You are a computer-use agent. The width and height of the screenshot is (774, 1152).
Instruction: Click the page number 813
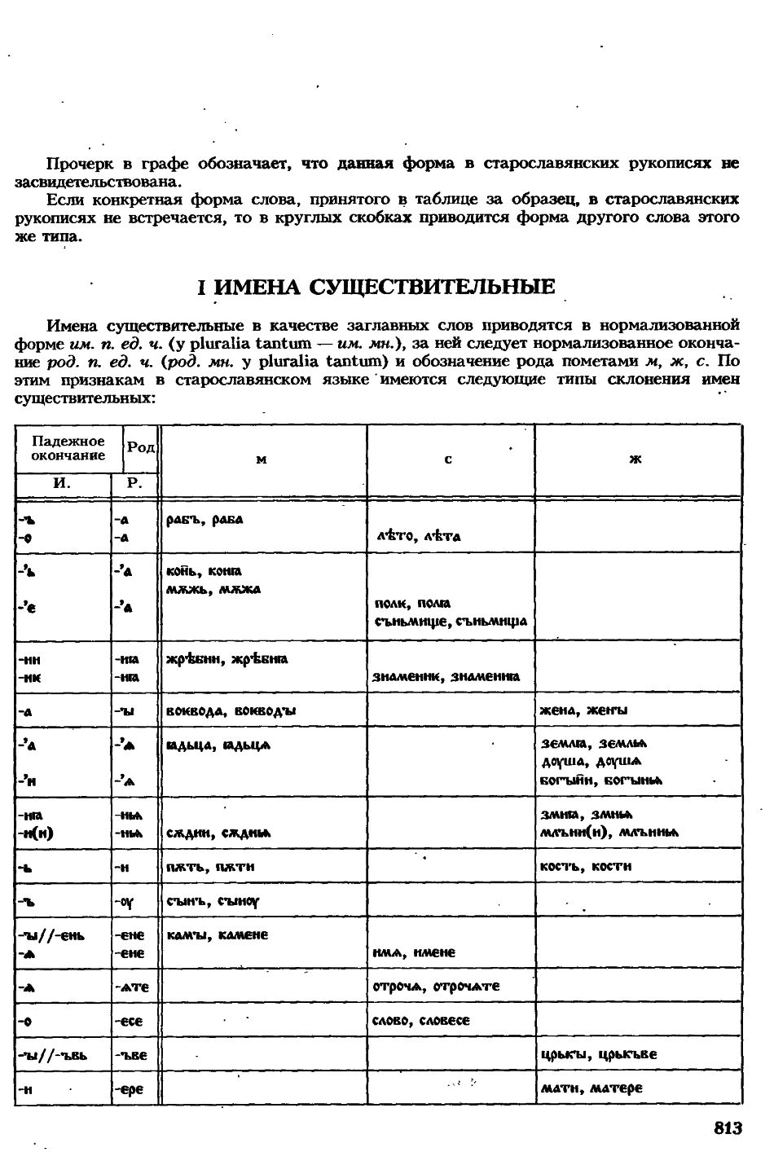728,1128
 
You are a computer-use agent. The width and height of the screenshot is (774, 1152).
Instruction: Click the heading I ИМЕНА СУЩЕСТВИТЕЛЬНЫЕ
377,287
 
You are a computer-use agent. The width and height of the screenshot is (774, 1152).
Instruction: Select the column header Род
141,448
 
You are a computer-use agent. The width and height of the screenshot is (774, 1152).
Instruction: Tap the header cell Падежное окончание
68,448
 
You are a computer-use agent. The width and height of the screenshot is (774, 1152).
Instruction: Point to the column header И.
62,483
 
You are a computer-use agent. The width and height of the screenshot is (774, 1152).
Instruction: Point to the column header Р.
134,483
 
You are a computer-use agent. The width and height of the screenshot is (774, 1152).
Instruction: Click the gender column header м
262,460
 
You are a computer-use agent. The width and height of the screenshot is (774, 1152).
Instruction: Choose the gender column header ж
636,460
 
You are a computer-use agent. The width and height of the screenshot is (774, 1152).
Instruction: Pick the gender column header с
449,460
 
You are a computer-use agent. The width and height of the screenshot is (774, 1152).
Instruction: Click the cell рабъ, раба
204,520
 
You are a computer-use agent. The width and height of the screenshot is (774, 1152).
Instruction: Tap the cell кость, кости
586,866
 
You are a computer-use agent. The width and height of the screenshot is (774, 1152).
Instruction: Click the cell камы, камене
217,934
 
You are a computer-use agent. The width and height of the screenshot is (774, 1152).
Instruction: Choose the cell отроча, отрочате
436,987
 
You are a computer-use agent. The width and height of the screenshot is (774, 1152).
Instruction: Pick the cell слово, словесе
421,1021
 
